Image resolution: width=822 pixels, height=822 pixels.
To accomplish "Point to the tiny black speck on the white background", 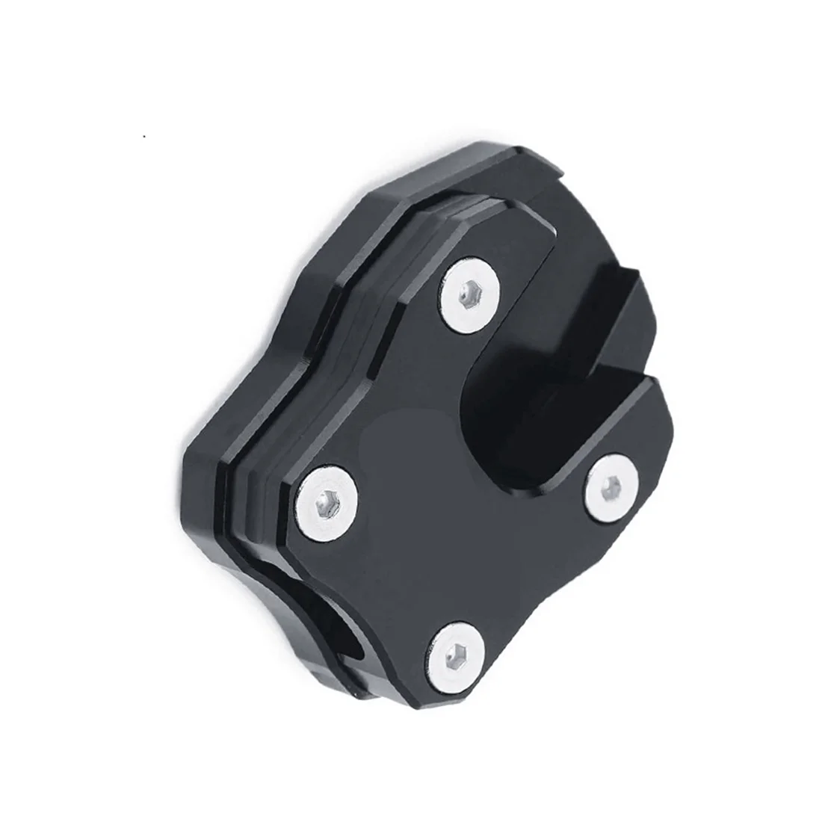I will tap(143, 137).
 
